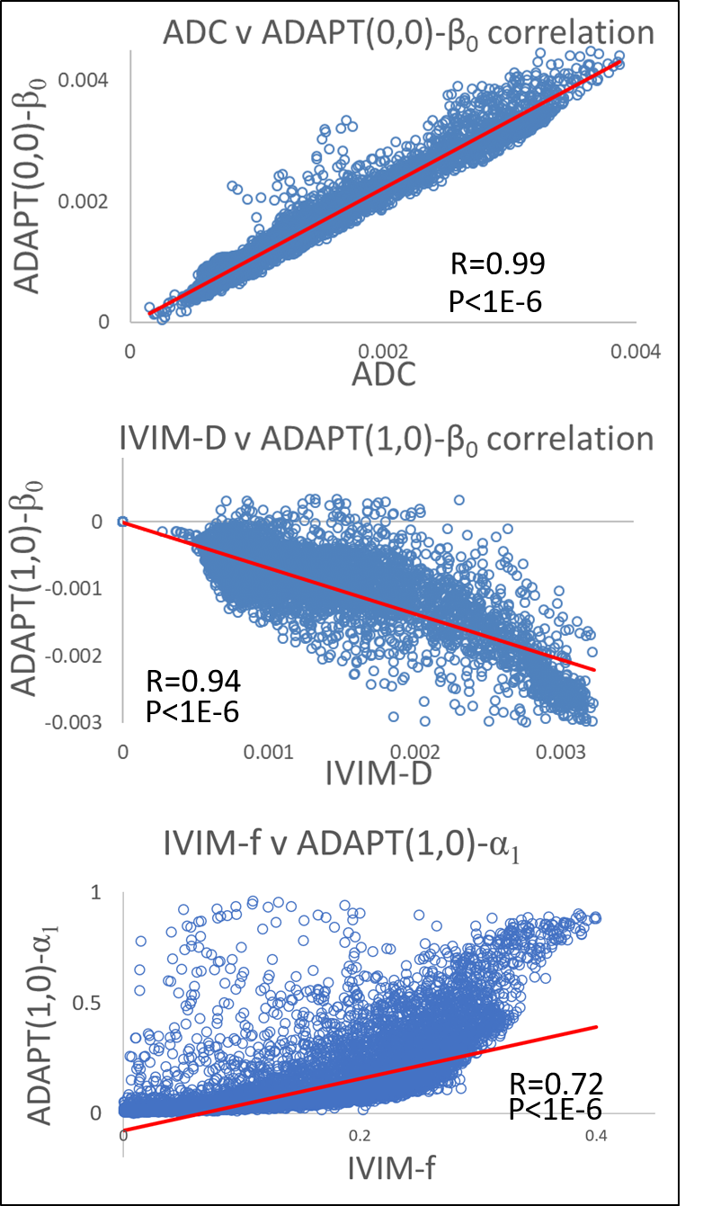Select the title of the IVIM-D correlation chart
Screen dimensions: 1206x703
pyautogui.click(x=384, y=439)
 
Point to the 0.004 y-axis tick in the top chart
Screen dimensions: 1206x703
pyautogui.click(x=84, y=80)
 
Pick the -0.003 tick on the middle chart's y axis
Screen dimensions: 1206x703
pyautogui.click(x=89, y=721)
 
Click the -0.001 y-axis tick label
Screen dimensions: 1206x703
pyautogui.click(x=89, y=587)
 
